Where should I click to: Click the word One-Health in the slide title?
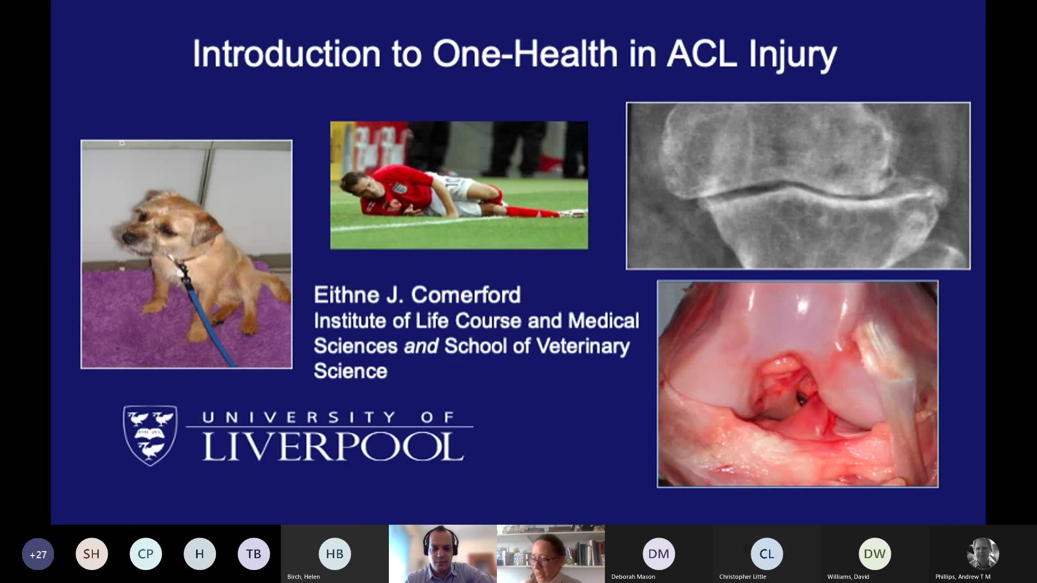(525, 55)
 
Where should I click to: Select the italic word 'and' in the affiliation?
(421, 346)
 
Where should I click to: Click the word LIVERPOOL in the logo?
(333, 446)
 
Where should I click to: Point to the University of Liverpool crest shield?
(150, 435)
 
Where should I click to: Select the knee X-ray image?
(798, 186)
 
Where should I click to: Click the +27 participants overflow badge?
(38, 554)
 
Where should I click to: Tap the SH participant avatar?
(92, 554)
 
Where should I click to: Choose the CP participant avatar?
(146, 554)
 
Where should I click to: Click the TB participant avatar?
(254, 554)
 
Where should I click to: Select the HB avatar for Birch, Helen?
(335, 554)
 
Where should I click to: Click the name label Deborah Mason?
(633, 577)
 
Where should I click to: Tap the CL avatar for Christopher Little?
(767, 554)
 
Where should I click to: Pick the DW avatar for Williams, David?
(875, 554)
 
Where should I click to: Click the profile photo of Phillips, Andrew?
(983, 554)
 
